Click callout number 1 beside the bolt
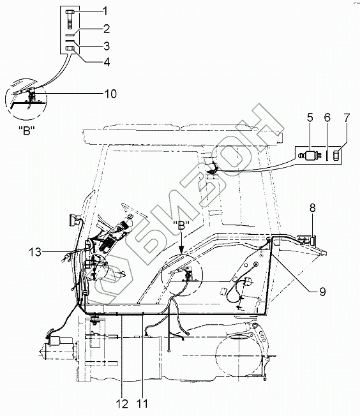105,11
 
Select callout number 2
106,29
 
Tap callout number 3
107,46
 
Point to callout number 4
107,62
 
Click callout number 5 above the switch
310,117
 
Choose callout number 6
327,117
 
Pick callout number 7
347,117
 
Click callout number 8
313,208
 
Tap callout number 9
322,292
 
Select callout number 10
110,94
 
